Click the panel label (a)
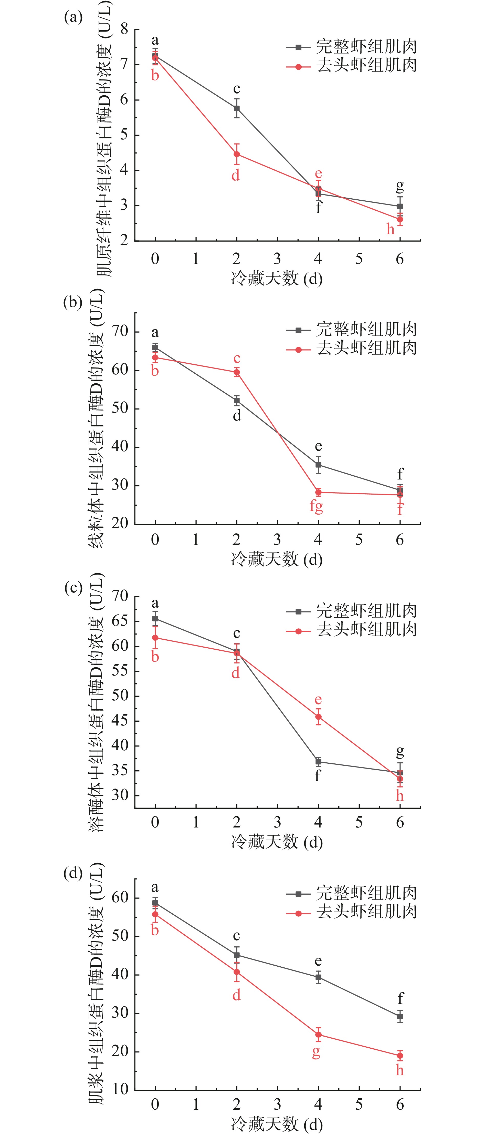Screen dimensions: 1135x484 (x=73, y=18)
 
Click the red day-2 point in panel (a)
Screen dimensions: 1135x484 (x=237, y=154)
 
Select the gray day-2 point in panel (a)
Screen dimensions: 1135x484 (x=237, y=108)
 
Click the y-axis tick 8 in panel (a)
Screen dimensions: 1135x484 (x=125, y=29)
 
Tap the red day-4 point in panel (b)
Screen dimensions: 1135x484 (x=318, y=492)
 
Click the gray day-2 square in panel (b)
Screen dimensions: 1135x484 (x=237, y=401)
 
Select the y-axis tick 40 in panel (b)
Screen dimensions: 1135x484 (x=120, y=447)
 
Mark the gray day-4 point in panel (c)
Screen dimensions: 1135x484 (x=318, y=761)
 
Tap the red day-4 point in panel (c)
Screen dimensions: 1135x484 (x=318, y=717)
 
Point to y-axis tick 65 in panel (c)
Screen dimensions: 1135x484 (x=120, y=621)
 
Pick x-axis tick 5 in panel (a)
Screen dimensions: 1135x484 (x=359, y=259)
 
